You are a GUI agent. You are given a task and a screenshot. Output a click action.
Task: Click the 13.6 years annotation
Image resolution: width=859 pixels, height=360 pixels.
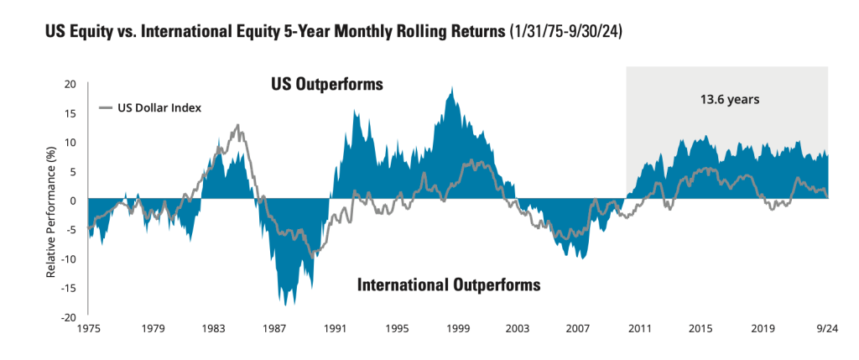coord(730,99)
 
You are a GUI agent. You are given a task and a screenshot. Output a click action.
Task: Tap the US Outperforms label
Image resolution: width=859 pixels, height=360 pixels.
coord(326,85)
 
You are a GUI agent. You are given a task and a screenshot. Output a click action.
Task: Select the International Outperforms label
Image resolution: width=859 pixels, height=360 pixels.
coord(449,284)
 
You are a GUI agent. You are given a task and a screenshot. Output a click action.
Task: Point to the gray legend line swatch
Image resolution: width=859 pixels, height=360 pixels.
coord(107,107)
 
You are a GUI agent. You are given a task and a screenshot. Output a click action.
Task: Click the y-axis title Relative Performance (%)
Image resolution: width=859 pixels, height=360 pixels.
coord(52,200)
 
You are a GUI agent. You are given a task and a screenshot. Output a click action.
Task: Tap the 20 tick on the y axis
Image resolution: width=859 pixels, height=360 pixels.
coord(70,84)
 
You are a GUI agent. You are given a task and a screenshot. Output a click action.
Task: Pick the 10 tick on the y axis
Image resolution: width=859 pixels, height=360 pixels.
coord(70,143)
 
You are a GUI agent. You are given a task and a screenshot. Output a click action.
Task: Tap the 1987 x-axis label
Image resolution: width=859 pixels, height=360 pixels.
coord(274,329)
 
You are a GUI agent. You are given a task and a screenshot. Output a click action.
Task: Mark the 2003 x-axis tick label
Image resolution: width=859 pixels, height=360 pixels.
coord(517,329)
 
